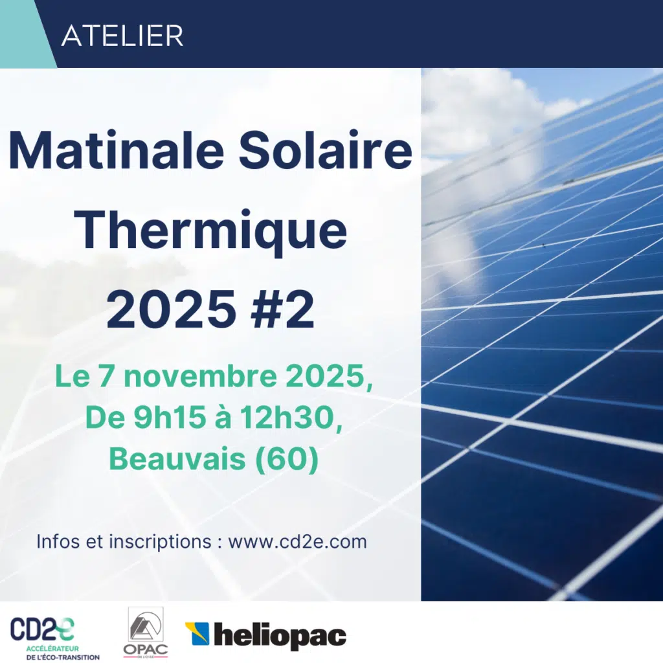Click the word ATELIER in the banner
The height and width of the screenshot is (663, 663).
point(122,36)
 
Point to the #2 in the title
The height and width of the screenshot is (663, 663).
point(286,309)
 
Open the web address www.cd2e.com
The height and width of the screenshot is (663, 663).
point(297,541)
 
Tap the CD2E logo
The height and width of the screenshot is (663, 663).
point(42,629)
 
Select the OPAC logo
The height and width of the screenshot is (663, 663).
point(146,631)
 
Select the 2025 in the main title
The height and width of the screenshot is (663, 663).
point(170,309)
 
